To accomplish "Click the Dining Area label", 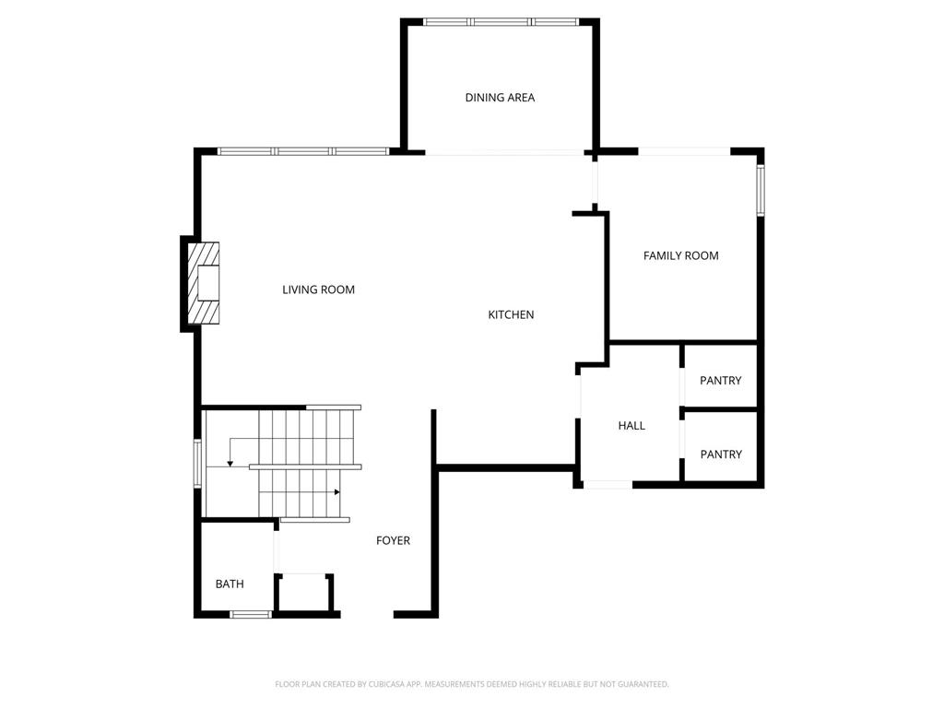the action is coord(500,98).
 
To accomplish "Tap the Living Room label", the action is coord(318,289).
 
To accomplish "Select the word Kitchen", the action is coord(511,315).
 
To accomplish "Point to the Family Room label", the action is coord(681,256).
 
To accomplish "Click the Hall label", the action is coord(631,426).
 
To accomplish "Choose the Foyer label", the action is coord(393,540).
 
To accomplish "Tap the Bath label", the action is coord(230,584).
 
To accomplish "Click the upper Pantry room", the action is coord(721,376).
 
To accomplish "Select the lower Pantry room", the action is coord(721,447).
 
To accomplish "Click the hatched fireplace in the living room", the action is coord(204,283).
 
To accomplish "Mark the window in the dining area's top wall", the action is coord(501,22).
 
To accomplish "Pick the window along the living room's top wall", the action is coord(303,152).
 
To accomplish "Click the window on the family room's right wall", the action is coord(761,190).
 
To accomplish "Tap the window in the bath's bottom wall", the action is coord(251,614).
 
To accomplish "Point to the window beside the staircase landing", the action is coord(197,463).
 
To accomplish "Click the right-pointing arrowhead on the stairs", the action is coord(337,492).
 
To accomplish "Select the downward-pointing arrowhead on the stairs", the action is coord(230,464).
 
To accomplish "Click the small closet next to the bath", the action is coord(304,593).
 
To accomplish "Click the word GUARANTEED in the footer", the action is coord(644,684).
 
